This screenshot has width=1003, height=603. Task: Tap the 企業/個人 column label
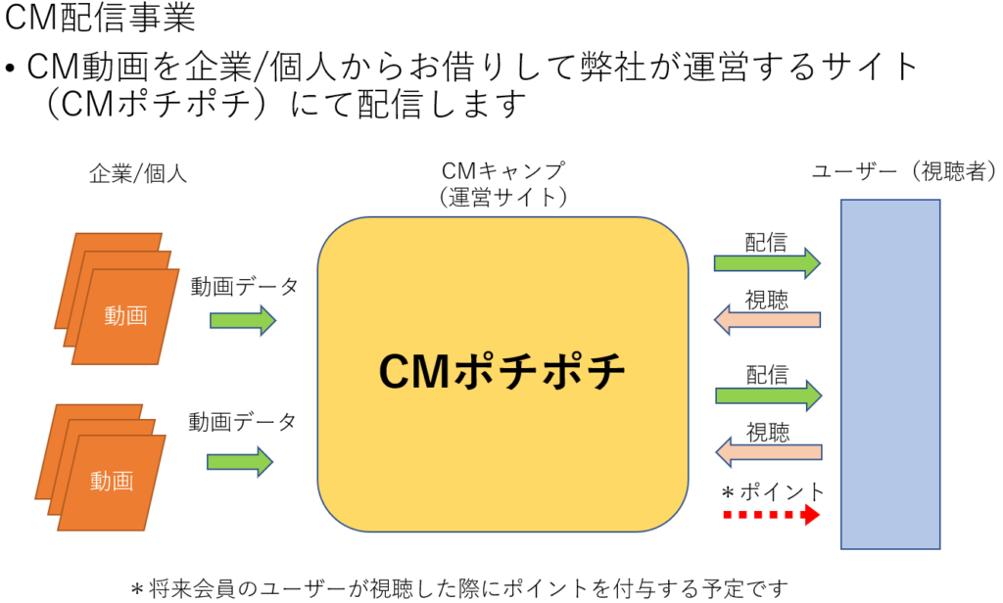pos(138,174)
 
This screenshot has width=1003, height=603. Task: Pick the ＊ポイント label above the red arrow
pos(772,489)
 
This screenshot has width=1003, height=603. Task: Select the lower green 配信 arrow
pos(767,394)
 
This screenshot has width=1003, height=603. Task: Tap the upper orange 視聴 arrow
pos(767,319)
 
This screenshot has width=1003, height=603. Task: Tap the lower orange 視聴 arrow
pos(767,451)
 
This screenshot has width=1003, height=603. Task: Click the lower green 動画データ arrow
pos(240,459)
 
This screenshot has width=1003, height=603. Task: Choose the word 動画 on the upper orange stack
pos(125,315)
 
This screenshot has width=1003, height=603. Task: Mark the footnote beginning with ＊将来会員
pos(459,588)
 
